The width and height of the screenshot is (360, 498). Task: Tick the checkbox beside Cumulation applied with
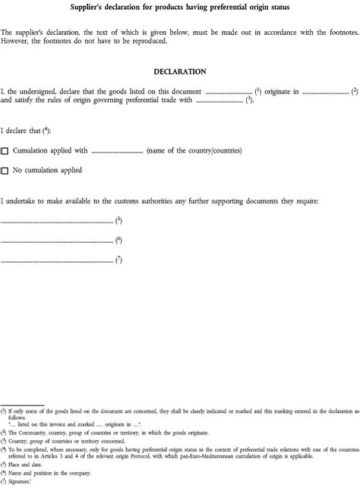tap(5, 152)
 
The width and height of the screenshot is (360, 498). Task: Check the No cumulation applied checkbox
tap(5, 172)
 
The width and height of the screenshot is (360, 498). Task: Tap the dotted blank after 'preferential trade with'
tap(219, 101)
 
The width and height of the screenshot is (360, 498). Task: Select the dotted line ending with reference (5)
tap(57, 222)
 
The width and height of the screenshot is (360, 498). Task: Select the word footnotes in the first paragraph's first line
tap(332, 33)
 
